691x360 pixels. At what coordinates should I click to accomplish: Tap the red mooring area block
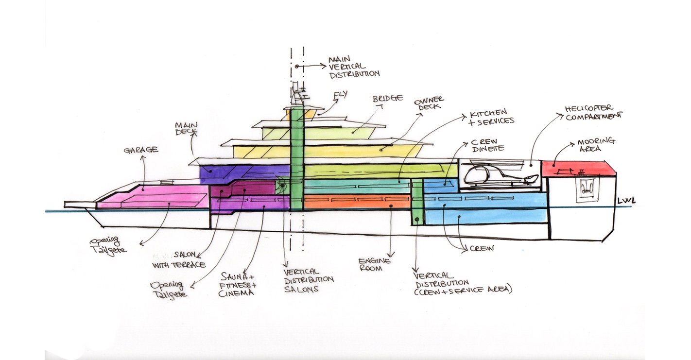click(578, 169)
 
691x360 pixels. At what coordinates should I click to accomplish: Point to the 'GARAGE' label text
click(140, 150)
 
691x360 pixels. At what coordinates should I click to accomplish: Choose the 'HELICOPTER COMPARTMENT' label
click(593, 112)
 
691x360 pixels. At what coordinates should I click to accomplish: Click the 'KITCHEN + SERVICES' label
click(491, 117)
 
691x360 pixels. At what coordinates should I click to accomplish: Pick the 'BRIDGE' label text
click(388, 98)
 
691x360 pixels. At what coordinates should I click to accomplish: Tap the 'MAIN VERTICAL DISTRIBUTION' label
click(354, 66)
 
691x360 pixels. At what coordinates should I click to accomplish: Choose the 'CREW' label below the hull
click(482, 248)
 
